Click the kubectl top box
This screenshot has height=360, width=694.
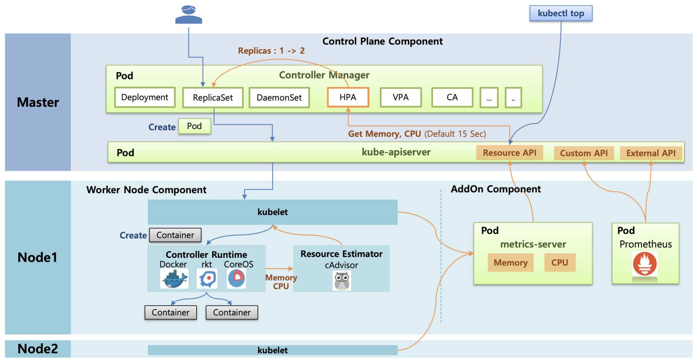[560, 14]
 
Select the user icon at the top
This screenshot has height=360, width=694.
[188, 15]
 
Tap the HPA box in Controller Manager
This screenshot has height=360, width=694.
[348, 97]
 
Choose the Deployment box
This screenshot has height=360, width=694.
[145, 97]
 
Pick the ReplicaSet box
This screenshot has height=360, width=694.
[213, 98]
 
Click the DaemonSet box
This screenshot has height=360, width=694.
[279, 98]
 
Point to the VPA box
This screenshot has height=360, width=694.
[400, 97]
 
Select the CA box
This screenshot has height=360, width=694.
[452, 97]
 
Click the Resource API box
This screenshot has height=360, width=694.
[509, 153]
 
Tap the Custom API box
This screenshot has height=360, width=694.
[584, 153]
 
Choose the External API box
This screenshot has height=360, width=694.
[651, 153]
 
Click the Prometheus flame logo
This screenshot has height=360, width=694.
[644, 264]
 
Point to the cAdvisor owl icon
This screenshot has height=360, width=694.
[342, 280]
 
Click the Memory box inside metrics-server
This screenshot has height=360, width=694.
[510, 262]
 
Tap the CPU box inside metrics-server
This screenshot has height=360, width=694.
[559, 262]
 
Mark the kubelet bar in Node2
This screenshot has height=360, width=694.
[272, 350]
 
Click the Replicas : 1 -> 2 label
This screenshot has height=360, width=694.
[271, 51]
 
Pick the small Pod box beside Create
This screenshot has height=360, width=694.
[194, 126]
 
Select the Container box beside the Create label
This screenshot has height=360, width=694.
[175, 235]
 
